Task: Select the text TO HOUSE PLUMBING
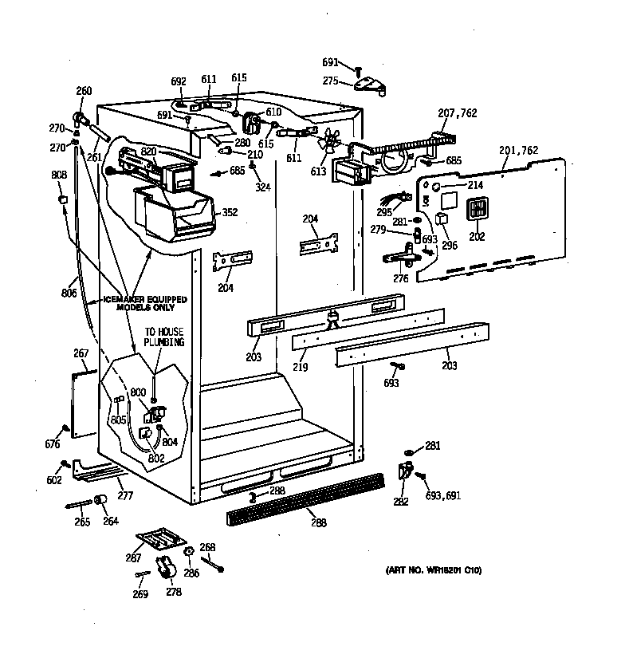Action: [x=164, y=337]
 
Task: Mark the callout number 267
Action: [x=80, y=353]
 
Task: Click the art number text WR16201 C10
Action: [x=434, y=570]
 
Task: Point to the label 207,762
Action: [x=458, y=113]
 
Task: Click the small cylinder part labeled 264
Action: [x=101, y=499]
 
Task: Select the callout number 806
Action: [x=69, y=293]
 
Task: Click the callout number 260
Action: [x=84, y=90]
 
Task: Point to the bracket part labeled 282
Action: [x=404, y=473]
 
